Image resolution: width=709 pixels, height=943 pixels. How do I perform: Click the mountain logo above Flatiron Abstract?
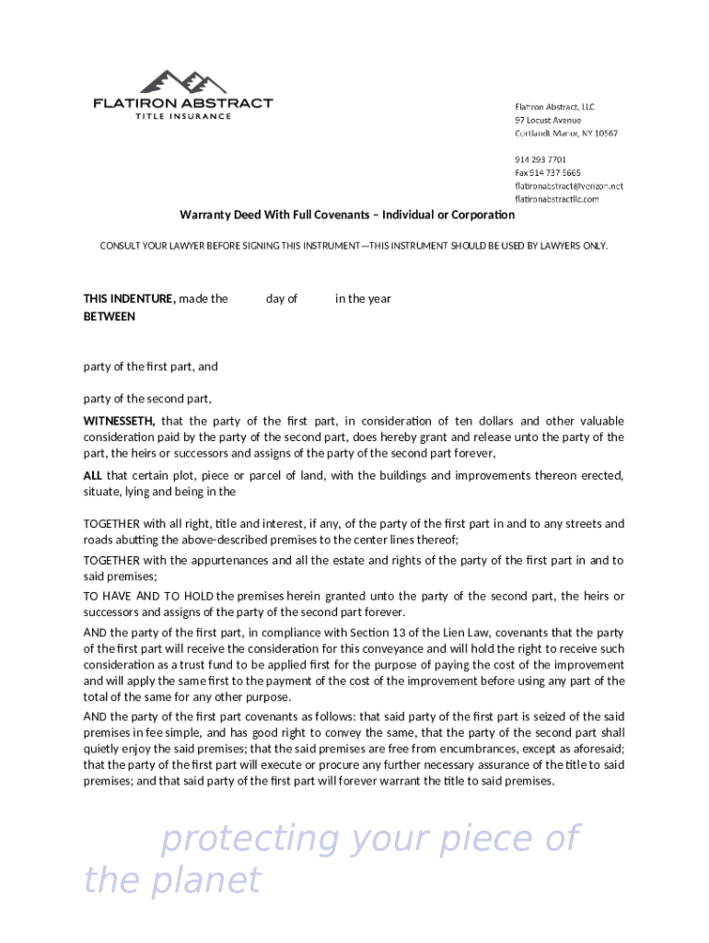coord(182,81)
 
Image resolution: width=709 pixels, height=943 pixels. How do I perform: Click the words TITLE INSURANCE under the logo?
coord(183,116)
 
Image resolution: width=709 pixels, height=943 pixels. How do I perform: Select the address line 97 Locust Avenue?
coord(548,121)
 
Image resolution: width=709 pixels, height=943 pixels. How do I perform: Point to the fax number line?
coord(547,173)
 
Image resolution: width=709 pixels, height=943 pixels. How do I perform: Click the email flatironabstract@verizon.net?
coord(568,186)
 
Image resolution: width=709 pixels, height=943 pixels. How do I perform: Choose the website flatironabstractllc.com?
coord(556,199)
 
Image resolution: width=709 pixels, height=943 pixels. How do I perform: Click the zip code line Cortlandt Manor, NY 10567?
coord(565,134)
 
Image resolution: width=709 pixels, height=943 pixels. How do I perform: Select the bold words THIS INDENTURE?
coord(129,298)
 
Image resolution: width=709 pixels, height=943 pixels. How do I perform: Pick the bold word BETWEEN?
coord(110,316)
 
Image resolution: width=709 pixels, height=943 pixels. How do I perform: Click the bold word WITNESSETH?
coord(120,421)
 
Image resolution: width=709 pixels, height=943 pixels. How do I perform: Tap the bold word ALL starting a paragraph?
coord(93,475)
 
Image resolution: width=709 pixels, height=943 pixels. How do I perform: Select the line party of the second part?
coord(147,399)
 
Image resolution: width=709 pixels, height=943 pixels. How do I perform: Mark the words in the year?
coord(363,298)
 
